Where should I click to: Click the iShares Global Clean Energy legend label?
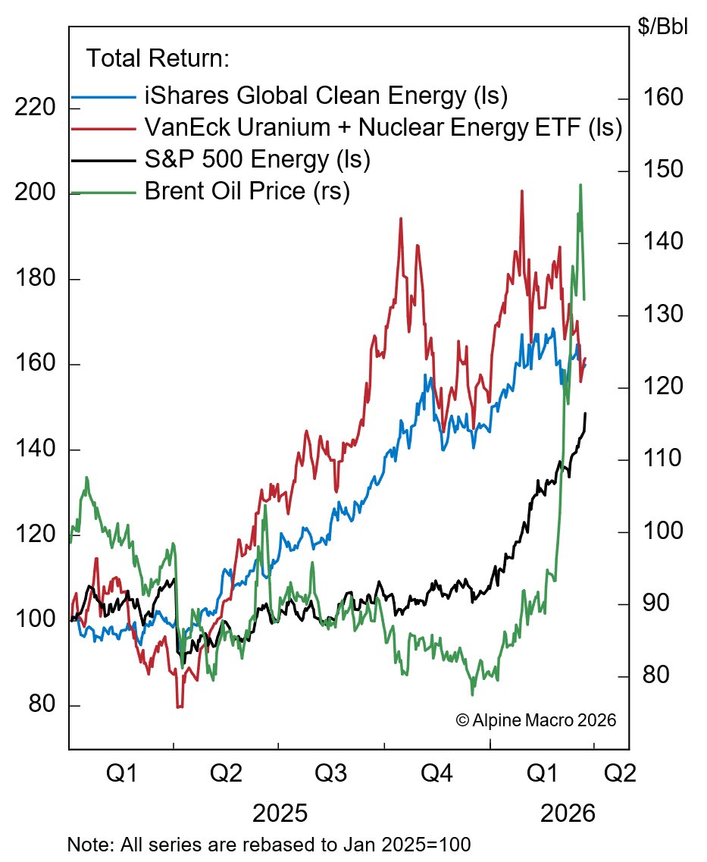(x=326, y=97)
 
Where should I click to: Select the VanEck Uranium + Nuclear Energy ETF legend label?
(x=383, y=129)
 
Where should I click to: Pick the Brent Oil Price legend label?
(x=247, y=192)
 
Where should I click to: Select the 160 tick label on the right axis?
(x=664, y=98)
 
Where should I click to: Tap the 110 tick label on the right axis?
(x=664, y=459)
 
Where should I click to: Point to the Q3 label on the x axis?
(x=331, y=774)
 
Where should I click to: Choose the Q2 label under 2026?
(x=618, y=774)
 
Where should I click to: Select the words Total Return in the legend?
(x=158, y=58)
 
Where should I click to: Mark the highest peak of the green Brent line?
(x=580, y=184)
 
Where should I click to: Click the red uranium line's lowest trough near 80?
(x=180, y=707)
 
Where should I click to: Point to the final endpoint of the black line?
(x=586, y=413)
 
